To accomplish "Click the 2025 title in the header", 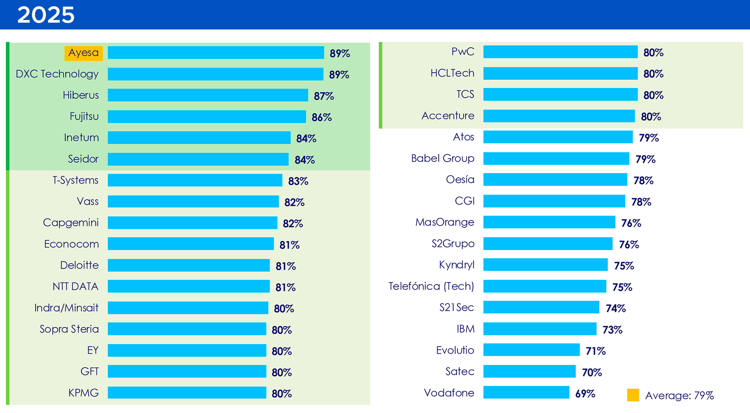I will click(46, 15).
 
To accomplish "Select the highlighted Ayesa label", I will click(84, 53).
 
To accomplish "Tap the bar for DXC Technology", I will click(215, 74).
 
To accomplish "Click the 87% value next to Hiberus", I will click(323, 96).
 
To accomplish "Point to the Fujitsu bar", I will click(207, 116).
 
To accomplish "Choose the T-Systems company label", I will click(75, 180).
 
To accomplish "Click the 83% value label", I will click(298, 181).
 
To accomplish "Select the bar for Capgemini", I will click(192, 223).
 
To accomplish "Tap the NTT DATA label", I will click(75, 286).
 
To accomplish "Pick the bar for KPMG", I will click(187, 393).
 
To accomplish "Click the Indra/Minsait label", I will click(66, 308).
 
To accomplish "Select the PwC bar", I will click(560, 52).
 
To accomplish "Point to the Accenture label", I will click(448, 116).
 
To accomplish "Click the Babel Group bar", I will click(556, 158).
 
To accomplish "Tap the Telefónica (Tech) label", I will click(431, 286).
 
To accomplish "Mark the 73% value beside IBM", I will click(612, 330).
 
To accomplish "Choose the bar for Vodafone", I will click(526, 392).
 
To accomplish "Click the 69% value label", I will click(585, 393).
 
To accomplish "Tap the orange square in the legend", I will click(633, 395).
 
